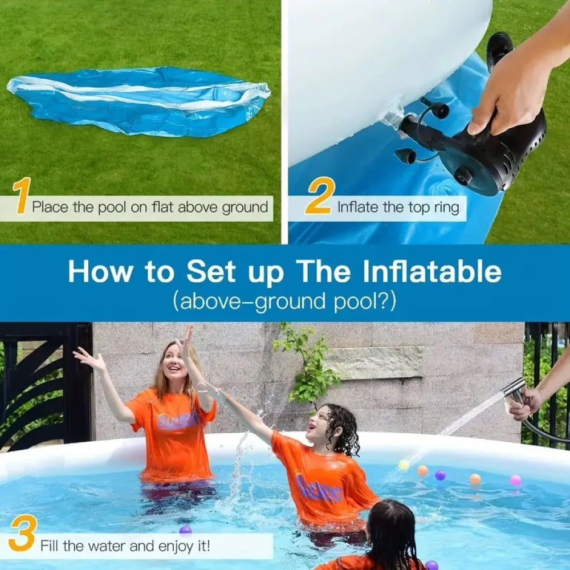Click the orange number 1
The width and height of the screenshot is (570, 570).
tap(22, 196)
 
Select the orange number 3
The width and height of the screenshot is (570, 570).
tap(22, 533)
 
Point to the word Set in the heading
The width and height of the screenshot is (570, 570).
tap(210, 272)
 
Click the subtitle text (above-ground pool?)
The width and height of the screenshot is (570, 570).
tap(284, 300)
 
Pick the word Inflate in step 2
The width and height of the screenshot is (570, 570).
tap(357, 207)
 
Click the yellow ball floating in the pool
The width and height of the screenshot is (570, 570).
tap(404, 465)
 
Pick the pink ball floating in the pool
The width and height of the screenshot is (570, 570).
tap(515, 480)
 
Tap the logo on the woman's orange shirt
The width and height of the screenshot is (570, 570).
tap(178, 421)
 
